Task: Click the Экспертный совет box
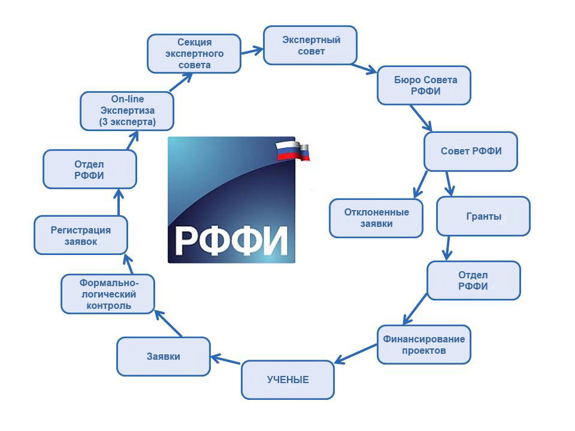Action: pos(310,45)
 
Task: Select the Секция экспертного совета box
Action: pos(194,53)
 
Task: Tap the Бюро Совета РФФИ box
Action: pos(424,86)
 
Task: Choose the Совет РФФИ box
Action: pos(471,151)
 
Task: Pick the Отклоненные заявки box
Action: pos(376,218)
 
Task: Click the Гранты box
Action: pos(483,216)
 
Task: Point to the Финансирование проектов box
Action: pos(424,345)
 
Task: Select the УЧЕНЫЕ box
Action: pos(288,380)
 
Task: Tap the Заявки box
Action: pos(164,356)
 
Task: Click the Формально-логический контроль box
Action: pos(108,294)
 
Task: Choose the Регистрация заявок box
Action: pos(81,235)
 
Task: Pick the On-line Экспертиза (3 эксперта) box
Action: pos(127,111)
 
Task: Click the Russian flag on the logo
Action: pos(293,150)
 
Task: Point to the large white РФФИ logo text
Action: pos(231,241)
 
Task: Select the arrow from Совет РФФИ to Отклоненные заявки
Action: pos(420,184)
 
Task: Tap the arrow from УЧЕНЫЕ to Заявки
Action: pos(226,359)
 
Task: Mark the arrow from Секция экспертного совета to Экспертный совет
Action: pos(252,51)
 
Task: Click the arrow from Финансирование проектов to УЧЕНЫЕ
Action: pos(356,354)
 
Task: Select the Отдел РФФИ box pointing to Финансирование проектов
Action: pos(474,280)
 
